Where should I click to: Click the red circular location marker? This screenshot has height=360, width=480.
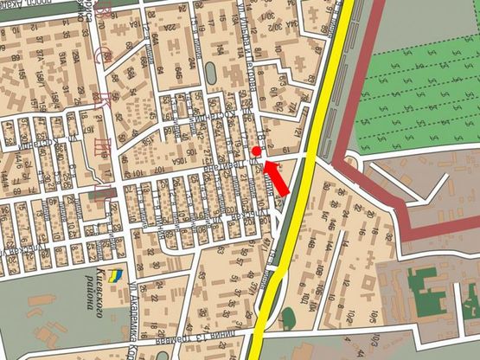tap(257, 152)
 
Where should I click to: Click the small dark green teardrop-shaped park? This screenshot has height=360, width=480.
tap(288, 317)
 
